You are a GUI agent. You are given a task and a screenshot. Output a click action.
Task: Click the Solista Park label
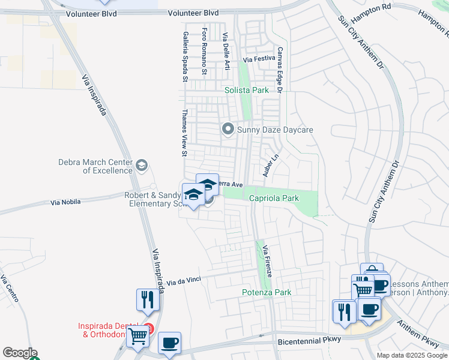(x=247, y=90)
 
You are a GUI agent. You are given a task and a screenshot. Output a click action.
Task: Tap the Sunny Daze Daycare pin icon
(x=228, y=129)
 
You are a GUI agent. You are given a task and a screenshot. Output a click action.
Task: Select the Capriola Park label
(x=273, y=197)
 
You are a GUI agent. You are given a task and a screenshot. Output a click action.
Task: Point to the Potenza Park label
(x=267, y=292)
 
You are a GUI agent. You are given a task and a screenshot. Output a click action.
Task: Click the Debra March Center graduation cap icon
(x=142, y=165)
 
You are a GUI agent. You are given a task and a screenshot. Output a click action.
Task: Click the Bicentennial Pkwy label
(x=310, y=339)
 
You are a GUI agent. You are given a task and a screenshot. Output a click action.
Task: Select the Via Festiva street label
(x=258, y=59)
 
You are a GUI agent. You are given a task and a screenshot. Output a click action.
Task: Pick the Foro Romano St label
(x=205, y=51)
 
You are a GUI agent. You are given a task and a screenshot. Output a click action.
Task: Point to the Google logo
(x=20, y=353)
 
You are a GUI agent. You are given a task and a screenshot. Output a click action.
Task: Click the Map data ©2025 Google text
(x=412, y=355)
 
